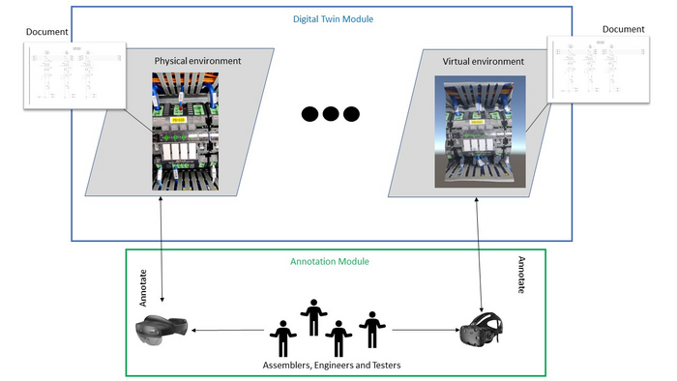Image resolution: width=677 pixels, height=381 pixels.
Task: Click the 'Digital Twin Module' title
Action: (x=333, y=18)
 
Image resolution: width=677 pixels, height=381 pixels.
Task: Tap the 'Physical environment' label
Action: (x=197, y=61)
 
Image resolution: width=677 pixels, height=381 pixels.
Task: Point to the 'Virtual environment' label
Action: (x=483, y=61)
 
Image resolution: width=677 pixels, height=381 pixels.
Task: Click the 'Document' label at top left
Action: (x=48, y=31)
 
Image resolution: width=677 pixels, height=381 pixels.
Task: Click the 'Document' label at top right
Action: (x=624, y=29)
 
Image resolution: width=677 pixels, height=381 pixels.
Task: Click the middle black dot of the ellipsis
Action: (x=330, y=114)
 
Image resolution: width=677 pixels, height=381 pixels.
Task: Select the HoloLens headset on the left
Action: (x=162, y=331)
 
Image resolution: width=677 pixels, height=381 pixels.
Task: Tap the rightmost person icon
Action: (x=371, y=329)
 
